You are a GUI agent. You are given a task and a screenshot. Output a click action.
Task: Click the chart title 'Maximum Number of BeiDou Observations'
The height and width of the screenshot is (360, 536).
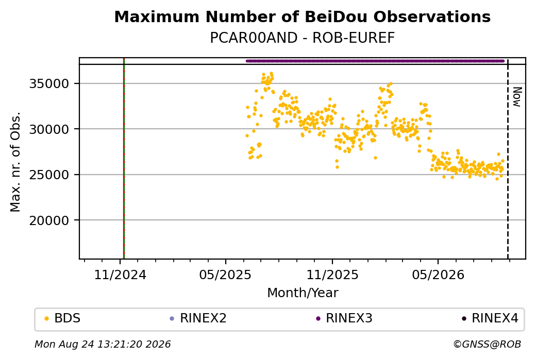pos(302,16)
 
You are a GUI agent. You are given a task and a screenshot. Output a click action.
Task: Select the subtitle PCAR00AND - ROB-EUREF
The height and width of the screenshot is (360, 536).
pos(302,38)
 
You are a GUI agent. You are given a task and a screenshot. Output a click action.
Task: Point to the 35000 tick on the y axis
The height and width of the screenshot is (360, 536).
pos(49,83)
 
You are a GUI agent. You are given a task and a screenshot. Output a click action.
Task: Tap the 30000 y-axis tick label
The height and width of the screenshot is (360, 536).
pos(49,129)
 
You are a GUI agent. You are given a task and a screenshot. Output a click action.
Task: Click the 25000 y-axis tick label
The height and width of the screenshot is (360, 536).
pos(49,175)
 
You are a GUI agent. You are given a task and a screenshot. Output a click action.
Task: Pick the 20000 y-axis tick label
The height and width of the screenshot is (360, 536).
pos(49,220)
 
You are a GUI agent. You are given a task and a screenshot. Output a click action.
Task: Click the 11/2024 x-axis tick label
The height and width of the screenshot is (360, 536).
pos(120,275)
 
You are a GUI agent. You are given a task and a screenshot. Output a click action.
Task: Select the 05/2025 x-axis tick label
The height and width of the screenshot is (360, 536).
pos(226,275)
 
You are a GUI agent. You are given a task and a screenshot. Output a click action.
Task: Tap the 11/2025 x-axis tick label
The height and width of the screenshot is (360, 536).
pos(332,275)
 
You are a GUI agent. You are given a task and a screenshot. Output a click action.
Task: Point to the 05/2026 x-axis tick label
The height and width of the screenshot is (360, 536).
pos(438,275)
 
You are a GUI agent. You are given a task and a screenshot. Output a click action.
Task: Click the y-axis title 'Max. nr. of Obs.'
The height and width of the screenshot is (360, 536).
pos(15,162)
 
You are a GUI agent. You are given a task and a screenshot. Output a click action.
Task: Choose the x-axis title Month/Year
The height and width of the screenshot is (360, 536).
pos(303,293)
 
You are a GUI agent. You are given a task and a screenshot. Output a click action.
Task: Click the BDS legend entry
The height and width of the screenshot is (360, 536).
pos(62,318)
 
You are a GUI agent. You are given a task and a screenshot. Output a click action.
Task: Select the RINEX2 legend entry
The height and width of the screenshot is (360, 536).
pos(198,318)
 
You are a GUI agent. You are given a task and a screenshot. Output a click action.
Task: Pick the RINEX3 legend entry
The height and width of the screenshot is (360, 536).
pos(344,318)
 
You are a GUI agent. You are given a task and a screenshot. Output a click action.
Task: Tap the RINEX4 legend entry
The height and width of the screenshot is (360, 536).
pos(490,318)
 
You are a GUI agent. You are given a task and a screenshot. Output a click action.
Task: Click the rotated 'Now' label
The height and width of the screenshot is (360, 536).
pos(517,97)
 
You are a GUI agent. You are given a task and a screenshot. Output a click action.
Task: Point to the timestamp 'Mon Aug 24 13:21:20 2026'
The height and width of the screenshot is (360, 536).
pos(103,344)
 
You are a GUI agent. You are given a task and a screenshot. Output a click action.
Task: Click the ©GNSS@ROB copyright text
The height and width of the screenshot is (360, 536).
pos(487,344)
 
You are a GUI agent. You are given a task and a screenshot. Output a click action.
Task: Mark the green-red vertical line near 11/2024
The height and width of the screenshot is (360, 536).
pos(124,159)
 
